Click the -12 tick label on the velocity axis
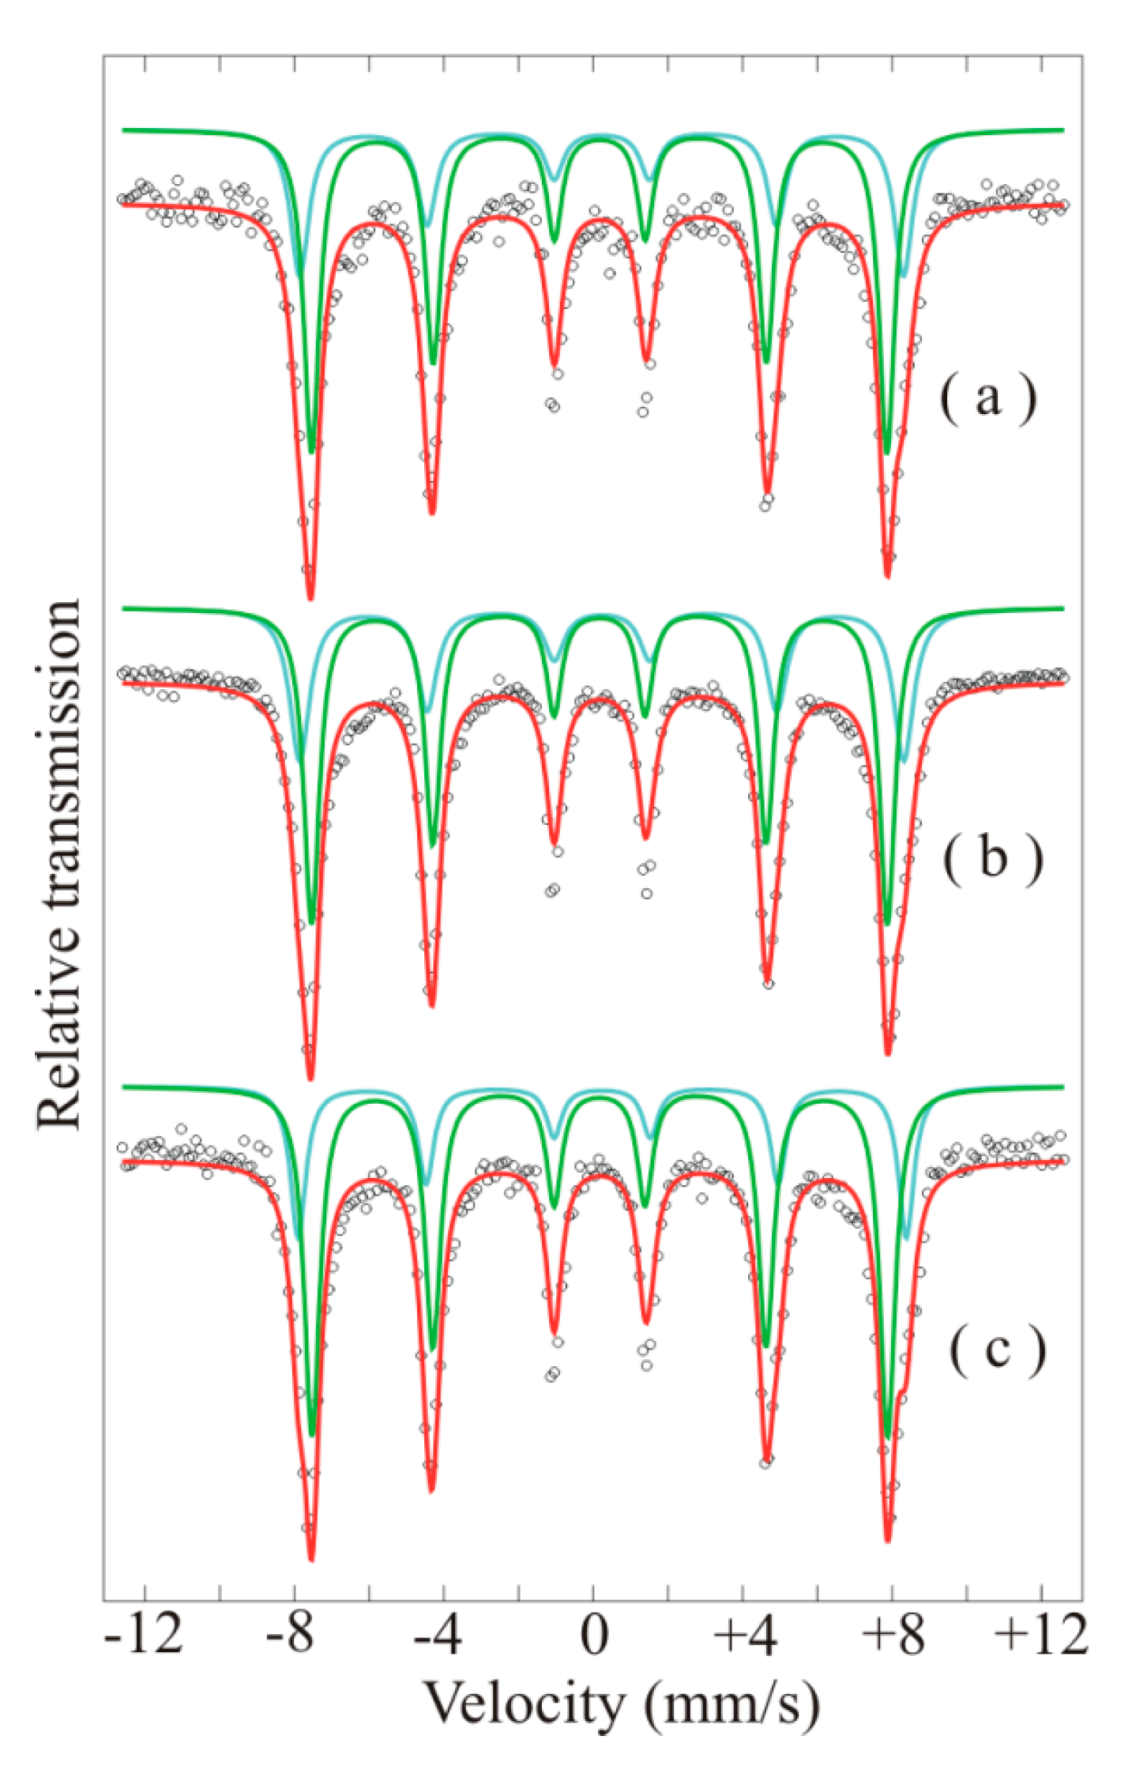tap(144, 1634)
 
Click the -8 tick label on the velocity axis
tap(290, 1634)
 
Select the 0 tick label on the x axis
tap(594, 1634)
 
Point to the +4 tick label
tap(745, 1634)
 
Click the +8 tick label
tap(893, 1634)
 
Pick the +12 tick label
tap(1041, 1634)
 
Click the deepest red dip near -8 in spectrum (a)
tap(310, 598)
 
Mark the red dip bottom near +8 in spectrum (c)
tap(888, 1539)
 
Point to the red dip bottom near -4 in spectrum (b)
tap(432, 1005)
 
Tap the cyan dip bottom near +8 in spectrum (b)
tap(904, 761)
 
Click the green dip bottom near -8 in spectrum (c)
tap(312, 1434)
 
